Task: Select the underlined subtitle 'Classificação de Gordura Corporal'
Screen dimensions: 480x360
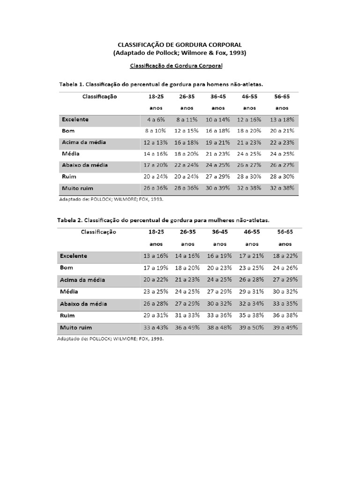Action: click(x=176, y=66)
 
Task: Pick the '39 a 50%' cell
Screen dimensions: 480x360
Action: click(x=252, y=327)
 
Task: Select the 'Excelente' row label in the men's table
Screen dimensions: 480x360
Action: click(x=75, y=120)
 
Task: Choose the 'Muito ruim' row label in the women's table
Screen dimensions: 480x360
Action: click(x=76, y=327)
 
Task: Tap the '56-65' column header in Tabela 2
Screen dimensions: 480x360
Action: click(x=285, y=232)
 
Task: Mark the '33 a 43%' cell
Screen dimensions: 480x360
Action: click(x=156, y=327)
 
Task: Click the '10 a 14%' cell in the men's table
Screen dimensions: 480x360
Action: click(x=218, y=120)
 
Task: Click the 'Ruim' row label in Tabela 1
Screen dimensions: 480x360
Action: click(x=68, y=177)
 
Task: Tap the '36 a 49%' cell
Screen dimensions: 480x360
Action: click(x=187, y=327)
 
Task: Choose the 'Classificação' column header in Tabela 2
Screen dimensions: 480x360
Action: click(x=98, y=232)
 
